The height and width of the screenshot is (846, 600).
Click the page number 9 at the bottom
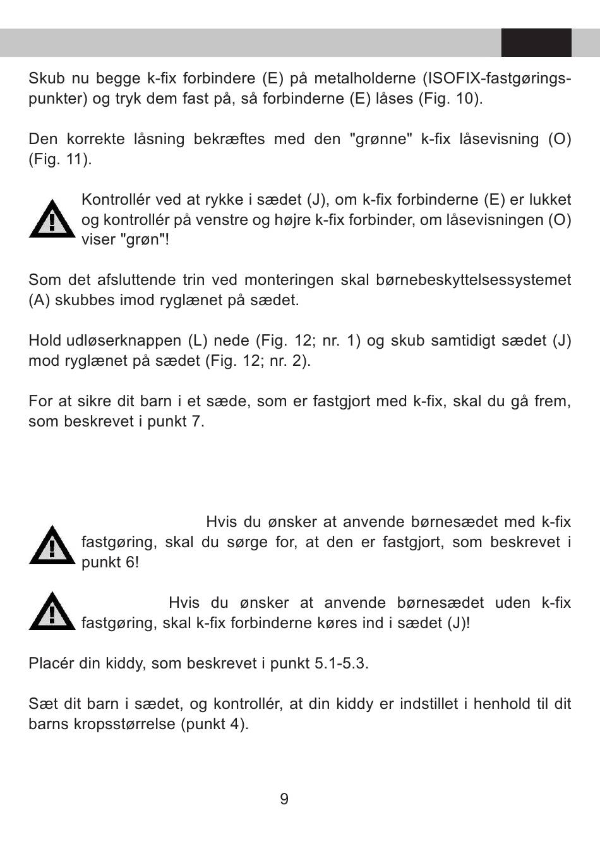(284, 799)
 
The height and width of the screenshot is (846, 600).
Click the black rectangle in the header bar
(536, 42)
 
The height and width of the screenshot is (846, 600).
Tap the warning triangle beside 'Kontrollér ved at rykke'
(52, 219)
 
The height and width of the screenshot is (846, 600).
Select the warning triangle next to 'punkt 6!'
(52, 545)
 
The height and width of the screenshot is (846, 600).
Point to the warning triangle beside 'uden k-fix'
(52, 612)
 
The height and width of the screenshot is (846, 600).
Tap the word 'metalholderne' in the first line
(365, 78)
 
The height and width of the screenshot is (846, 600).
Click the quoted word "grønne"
(381, 139)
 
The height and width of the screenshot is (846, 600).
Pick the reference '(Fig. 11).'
(60, 159)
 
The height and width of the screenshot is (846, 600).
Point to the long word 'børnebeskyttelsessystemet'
(467, 280)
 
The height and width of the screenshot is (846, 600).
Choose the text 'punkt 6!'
(110, 562)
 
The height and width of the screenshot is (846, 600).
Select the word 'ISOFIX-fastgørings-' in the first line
(497, 78)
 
